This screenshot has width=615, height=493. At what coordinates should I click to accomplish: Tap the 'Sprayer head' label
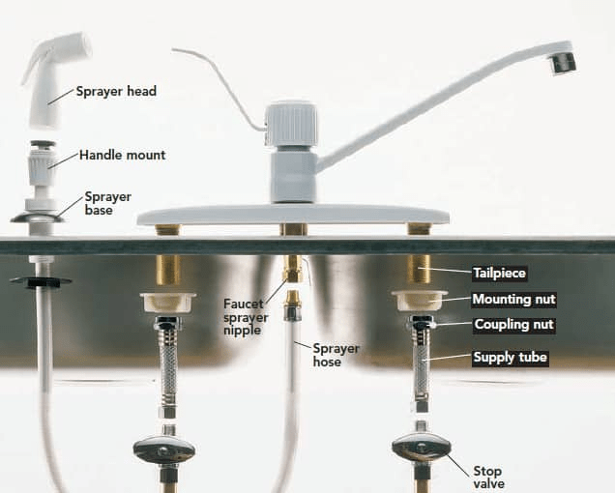[x=116, y=92]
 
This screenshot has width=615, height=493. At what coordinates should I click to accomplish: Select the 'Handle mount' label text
[x=122, y=155]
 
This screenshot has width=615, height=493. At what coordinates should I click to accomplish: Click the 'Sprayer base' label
[x=107, y=203]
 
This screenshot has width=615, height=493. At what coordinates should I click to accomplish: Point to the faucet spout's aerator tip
[x=561, y=62]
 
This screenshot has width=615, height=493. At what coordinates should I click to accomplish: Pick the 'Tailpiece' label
[x=499, y=274]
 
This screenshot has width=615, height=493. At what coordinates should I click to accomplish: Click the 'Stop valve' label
[x=487, y=478]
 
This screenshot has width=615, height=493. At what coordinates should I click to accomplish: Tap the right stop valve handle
[x=421, y=448]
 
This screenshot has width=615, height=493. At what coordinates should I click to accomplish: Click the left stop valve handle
[x=163, y=449]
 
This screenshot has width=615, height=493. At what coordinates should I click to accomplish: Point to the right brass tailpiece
[x=419, y=270]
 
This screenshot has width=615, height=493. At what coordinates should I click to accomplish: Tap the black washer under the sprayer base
[x=40, y=282]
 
